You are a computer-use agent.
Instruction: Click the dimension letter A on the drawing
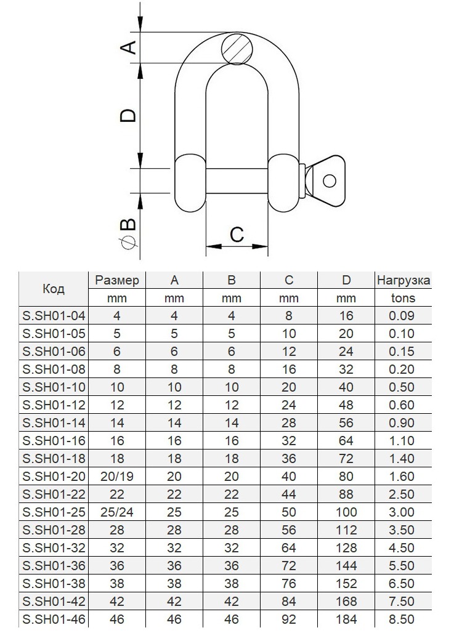(129, 47)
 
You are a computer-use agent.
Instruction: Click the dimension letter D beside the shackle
(129, 116)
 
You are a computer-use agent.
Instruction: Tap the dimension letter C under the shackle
(237, 235)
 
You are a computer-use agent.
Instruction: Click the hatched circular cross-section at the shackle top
(238, 49)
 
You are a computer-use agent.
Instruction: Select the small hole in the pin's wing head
(330, 181)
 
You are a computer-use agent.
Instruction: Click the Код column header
(54, 289)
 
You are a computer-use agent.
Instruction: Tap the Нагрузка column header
(403, 280)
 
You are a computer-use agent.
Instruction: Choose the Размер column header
(116, 280)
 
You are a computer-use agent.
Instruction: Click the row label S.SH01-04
(54, 316)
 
